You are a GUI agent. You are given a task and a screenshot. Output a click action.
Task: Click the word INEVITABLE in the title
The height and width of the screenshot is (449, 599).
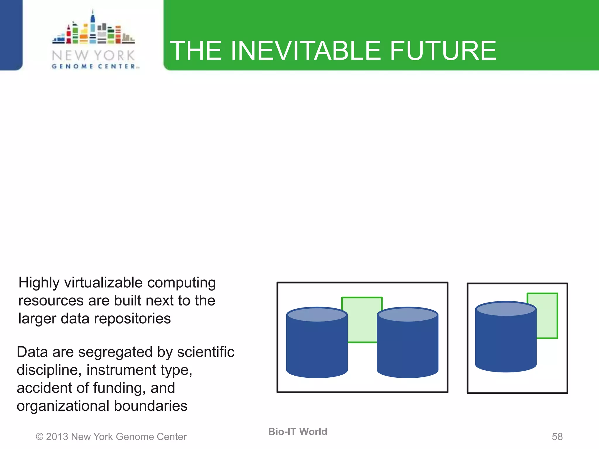306,51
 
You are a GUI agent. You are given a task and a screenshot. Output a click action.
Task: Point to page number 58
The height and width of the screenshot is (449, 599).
557,437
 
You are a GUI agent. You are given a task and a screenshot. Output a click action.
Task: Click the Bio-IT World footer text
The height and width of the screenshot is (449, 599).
297,432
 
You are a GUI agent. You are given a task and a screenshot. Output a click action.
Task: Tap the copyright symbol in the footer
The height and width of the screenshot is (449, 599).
39,437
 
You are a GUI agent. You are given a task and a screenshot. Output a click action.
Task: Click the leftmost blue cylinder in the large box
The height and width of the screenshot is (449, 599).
317,348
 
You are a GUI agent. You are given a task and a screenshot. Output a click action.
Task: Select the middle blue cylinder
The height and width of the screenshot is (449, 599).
407,348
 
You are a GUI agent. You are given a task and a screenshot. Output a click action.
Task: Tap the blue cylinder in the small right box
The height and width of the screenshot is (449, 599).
505,342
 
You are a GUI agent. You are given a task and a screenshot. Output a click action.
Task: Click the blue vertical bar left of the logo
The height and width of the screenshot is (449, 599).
11,34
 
